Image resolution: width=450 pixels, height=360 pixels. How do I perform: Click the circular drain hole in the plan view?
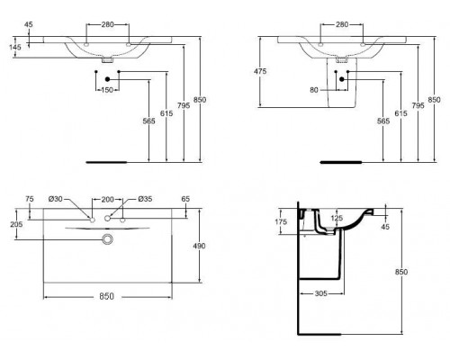[x=109, y=238]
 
